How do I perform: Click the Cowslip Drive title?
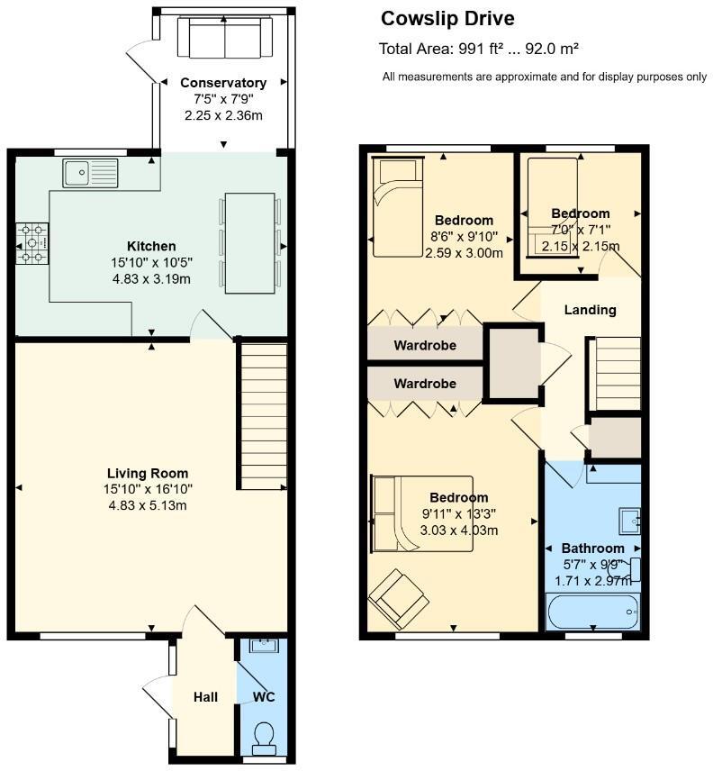pos(447,19)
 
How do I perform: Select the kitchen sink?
pos(90,172)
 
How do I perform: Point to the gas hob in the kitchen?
pos(33,244)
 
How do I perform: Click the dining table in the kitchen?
pos(249,242)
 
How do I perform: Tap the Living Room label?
pos(148,473)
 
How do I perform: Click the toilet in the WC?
pos(265,738)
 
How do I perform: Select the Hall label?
pos(206,697)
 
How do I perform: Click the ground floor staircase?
pos(263,414)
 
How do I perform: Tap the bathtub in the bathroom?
pos(593,614)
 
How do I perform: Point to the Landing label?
pos(590,310)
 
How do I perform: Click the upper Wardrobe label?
pos(425,345)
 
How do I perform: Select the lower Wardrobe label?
pos(425,384)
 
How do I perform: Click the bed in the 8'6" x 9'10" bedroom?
pos(396,206)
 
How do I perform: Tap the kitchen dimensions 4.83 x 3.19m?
pos(151,278)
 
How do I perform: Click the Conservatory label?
pos(222,83)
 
